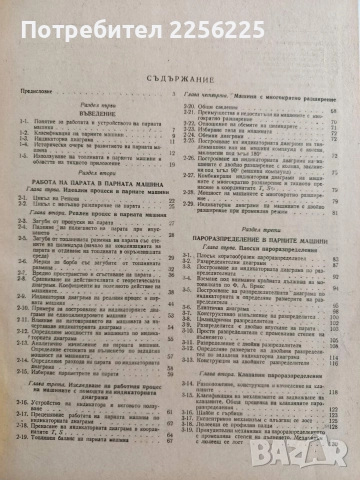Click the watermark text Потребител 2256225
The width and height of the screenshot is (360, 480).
click(x=180, y=15)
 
